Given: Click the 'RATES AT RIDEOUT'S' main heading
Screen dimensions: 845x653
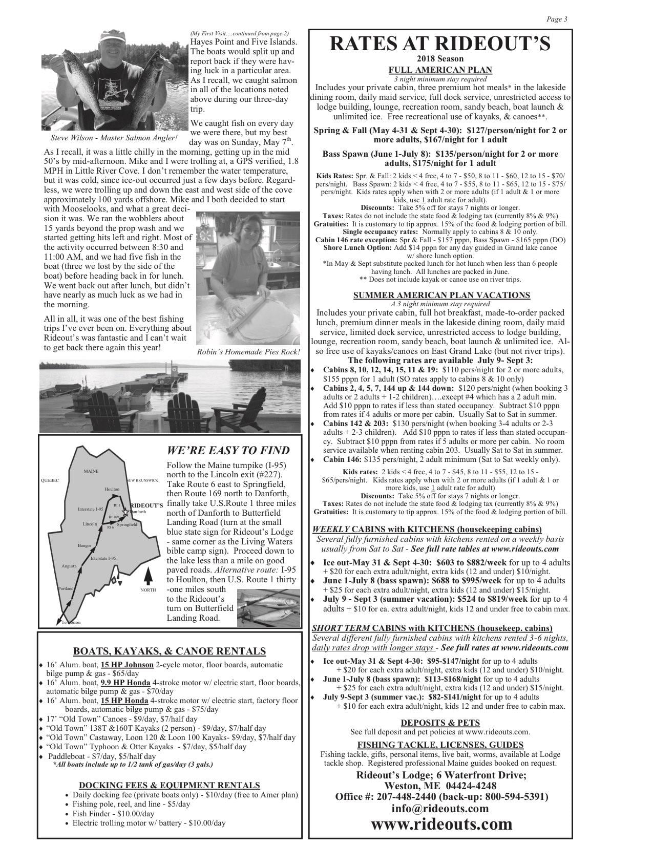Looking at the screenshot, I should point(440,44).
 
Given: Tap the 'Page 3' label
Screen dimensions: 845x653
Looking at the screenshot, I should point(557,19).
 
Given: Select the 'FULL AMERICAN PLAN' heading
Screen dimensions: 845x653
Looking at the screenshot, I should point(440,70).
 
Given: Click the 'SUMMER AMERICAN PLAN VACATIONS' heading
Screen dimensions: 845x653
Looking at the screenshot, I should point(441,295).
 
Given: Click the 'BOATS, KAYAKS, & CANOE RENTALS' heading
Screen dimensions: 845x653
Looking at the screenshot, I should point(170,651).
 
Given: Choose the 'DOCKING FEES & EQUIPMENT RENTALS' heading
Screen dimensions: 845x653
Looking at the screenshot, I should point(170,785).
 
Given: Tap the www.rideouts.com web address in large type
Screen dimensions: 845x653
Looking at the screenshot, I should point(441,824).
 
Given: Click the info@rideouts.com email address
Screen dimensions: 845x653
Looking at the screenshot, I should point(440,809).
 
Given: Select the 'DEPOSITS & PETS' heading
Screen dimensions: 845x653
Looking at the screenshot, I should point(440,723).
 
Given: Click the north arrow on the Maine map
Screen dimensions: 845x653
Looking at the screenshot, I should point(148,576).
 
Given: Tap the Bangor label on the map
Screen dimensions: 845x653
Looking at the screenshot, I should point(85,546).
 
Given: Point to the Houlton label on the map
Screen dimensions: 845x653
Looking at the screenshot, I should point(112,489).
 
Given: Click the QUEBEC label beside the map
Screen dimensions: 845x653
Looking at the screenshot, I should point(50,480).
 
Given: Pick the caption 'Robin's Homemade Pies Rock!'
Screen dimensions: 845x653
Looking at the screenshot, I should point(248,352).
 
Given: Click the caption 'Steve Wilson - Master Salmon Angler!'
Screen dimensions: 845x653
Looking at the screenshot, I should point(114,138).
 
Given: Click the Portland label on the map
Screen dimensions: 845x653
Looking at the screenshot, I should point(66,588).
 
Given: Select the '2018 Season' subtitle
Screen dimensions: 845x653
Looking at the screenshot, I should point(440,59).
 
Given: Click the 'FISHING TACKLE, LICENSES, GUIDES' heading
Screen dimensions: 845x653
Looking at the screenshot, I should point(440,745).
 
